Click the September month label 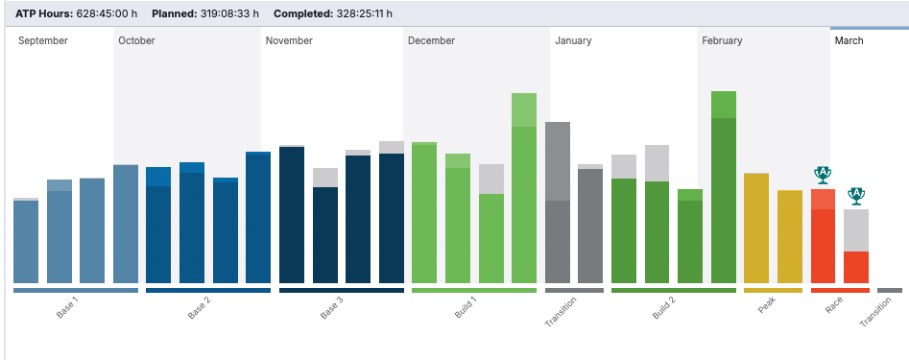(x=43, y=40)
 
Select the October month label (x=137, y=40)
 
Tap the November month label (x=289, y=40)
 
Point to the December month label (x=431, y=40)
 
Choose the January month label (x=573, y=40)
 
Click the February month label (x=722, y=40)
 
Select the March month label (x=849, y=40)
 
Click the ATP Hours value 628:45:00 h (x=109, y=13)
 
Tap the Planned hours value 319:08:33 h (x=229, y=13)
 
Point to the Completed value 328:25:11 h (x=364, y=13)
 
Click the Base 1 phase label (x=67, y=307)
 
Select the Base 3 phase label (x=332, y=307)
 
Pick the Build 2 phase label (x=664, y=307)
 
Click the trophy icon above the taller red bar (x=823, y=175)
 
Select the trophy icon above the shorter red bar (x=856, y=196)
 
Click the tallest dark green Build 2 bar (x=724, y=187)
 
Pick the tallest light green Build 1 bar (x=524, y=188)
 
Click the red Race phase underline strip (x=840, y=291)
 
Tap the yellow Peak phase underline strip (x=773, y=291)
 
